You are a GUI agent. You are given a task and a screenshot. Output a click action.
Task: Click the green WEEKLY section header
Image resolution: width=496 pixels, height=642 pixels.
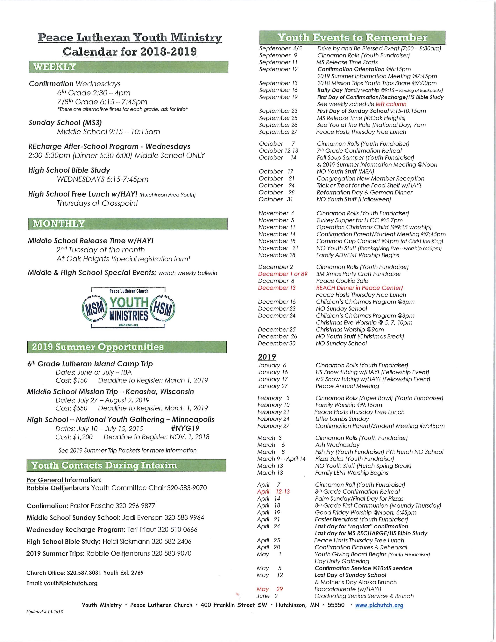[128, 67]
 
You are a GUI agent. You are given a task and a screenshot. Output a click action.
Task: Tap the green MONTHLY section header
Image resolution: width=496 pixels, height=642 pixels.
[128, 224]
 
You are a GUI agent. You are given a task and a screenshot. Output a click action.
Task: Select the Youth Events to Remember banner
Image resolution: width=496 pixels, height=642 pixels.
[352, 38]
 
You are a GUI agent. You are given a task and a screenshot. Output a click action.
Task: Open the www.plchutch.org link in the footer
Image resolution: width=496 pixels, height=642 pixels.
[379, 605]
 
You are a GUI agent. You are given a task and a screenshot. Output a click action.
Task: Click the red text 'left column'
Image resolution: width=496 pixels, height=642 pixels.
[391, 104]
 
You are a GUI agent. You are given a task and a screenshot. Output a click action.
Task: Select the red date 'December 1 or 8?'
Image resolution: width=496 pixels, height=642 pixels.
[283, 274]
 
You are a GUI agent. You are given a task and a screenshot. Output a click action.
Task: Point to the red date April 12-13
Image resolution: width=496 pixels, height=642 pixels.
[273, 491]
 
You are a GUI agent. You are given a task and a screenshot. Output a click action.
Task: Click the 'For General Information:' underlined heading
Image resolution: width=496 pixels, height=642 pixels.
[64, 480]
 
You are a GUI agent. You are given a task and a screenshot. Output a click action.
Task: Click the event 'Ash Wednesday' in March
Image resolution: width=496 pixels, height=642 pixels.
[337, 445]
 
